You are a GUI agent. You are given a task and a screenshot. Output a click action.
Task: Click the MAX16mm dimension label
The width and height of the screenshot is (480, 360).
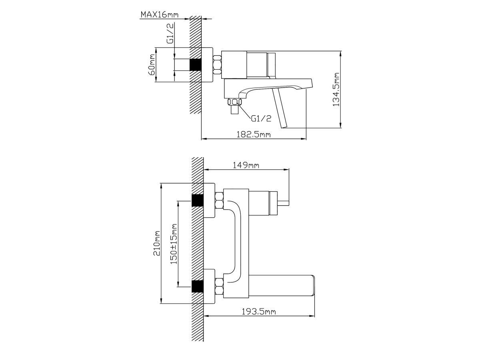click(160, 15)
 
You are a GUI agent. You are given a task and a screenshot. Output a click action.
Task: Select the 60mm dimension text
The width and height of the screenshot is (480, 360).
click(152, 64)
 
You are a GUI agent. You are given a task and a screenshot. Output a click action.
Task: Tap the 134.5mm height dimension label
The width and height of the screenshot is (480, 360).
click(336, 89)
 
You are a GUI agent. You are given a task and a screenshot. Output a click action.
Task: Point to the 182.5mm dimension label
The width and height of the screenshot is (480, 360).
click(254, 134)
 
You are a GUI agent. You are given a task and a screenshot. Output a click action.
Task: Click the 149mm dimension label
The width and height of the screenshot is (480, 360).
click(246, 165)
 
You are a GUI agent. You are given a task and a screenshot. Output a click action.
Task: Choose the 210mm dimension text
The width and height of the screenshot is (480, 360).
click(157, 243)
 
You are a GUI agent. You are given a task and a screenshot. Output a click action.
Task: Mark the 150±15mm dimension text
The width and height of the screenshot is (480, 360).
click(174, 244)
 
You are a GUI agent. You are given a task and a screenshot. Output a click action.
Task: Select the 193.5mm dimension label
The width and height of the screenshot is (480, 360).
click(259, 312)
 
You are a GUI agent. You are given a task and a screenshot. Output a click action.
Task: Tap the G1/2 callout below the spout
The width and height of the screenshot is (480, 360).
click(261, 118)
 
